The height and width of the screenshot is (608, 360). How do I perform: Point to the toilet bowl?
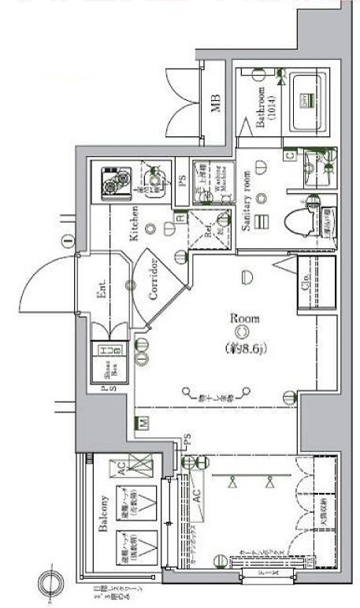click(x=302, y=218)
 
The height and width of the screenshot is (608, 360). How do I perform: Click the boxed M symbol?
click(x=143, y=422)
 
